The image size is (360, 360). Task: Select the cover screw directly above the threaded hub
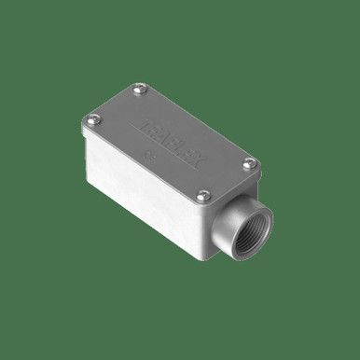point(249,165)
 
